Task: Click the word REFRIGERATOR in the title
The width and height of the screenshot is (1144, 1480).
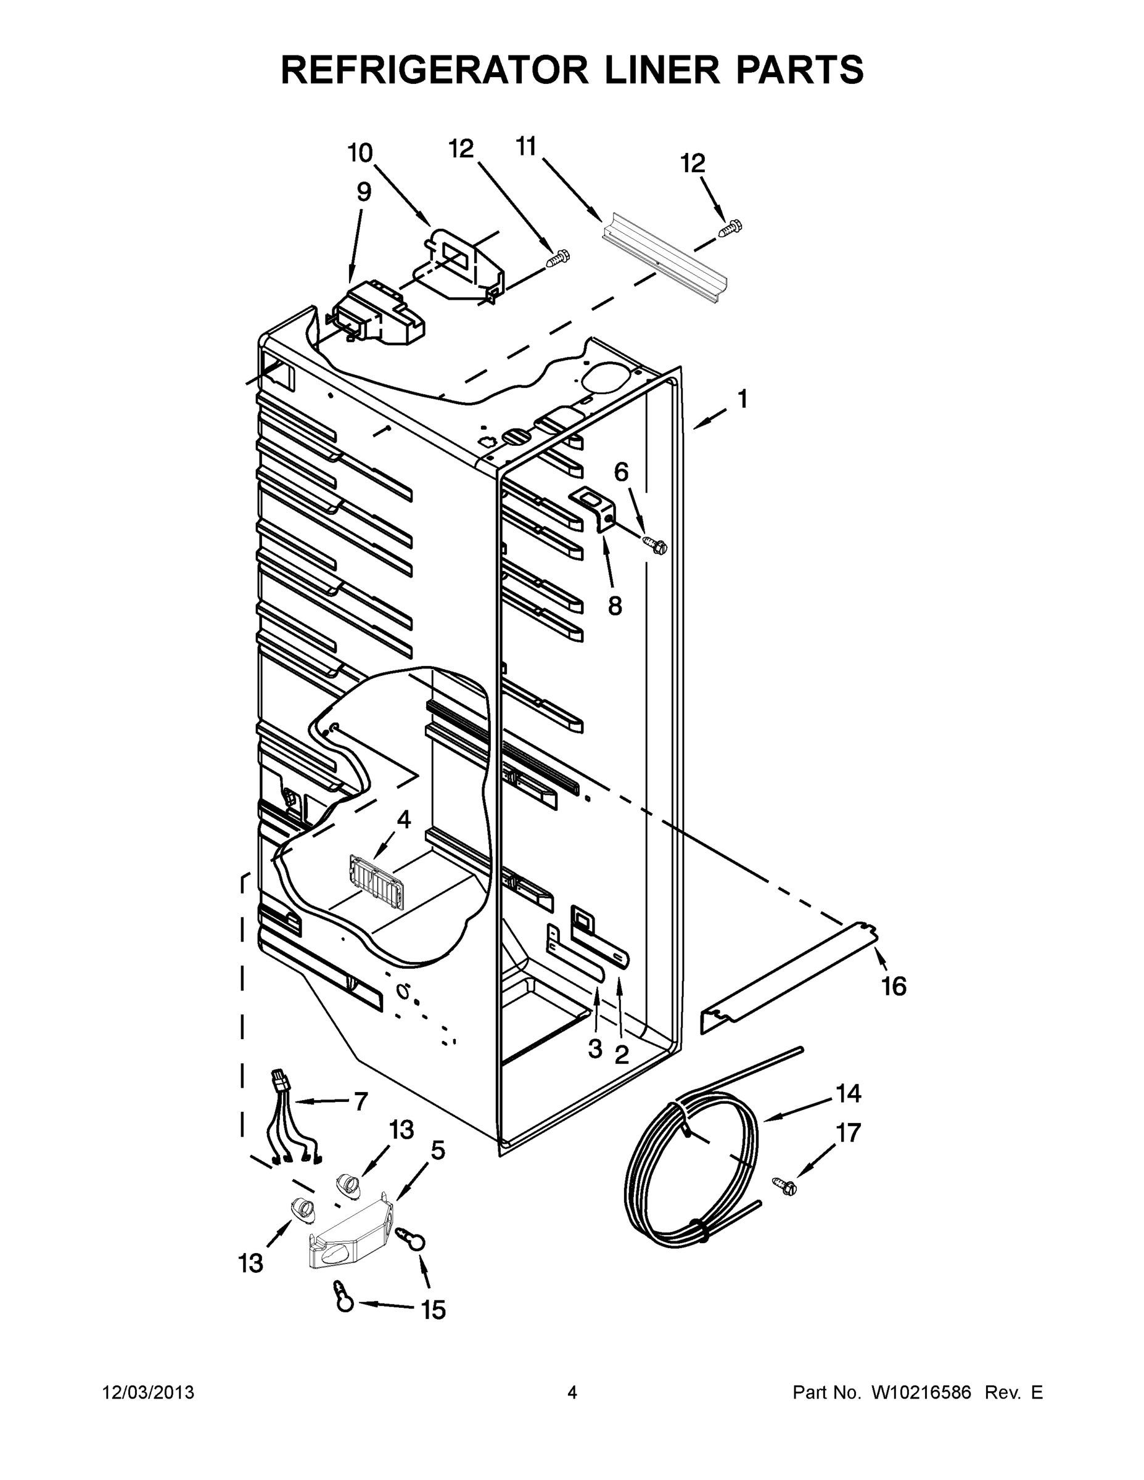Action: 434,69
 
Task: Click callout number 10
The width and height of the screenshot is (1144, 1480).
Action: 360,153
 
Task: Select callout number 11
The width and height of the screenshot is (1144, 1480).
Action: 526,146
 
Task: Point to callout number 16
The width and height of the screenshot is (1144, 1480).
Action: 894,986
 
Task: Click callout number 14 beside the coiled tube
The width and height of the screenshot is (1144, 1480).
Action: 848,1093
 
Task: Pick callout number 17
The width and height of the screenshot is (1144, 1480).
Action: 848,1132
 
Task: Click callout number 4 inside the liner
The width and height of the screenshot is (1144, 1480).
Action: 403,820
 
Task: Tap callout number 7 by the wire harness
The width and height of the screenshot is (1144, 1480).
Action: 361,1101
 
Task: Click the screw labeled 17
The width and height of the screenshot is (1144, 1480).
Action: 786,1185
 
